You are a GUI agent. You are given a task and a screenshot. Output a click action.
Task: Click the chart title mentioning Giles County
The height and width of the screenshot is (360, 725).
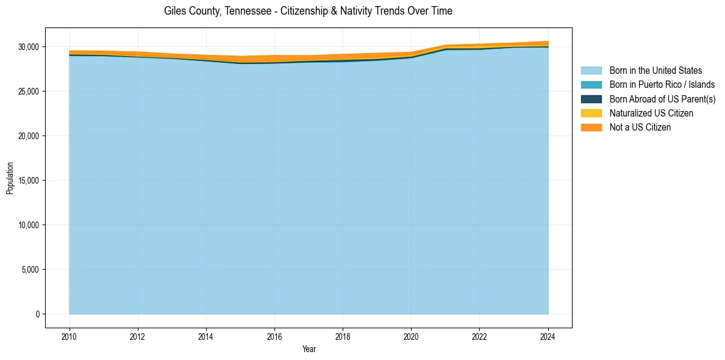pyautogui.click(x=308, y=11)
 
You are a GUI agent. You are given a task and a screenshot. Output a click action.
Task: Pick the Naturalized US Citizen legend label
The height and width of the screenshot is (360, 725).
pyautogui.click(x=651, y=113)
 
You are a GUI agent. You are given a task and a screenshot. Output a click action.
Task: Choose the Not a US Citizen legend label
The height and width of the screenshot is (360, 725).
pyautogui.click(x=640, y=128)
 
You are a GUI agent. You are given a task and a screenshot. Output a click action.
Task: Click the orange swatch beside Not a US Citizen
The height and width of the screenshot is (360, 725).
pyautogui.click(x=591, y=128)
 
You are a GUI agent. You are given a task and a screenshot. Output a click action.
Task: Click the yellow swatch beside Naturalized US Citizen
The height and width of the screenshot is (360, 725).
pyautogui.click(x=591, y=113)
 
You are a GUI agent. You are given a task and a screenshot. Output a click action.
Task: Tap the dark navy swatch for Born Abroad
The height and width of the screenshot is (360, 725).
pyautogui.click(x=591, y=99)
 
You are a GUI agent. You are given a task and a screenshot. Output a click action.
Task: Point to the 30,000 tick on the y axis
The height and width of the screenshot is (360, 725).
pyautogui.click(x=28, y=47)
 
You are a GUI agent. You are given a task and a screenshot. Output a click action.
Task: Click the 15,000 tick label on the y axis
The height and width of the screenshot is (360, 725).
pyautogui.click(x=28, y=181)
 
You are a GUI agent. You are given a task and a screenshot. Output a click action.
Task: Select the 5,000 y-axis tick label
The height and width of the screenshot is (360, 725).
pyautogui.click(x=30, y=270)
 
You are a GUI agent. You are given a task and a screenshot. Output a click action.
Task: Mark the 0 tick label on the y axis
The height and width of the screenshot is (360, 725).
pyautogui.click(x=37, y=314)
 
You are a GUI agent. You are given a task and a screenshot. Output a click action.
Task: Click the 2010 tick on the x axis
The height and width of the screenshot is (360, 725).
pyautogui.click(x=70, y=336)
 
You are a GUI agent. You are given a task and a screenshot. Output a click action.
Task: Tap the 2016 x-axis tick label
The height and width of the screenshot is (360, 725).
pyautogui.click(x=274, y=336)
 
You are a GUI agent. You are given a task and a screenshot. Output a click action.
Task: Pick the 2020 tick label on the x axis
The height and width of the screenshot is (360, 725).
pyautogui.click(x=411, y=336)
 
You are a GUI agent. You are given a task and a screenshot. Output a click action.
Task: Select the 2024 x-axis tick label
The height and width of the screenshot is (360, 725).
pyautogui.click(x=548, y=336)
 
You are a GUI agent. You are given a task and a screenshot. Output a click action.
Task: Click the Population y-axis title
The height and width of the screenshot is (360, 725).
pyautogui.click(x=10, y=178)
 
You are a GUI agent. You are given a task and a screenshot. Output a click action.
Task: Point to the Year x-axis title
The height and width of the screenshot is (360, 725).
pyautogui.click(x=309, y=349)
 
